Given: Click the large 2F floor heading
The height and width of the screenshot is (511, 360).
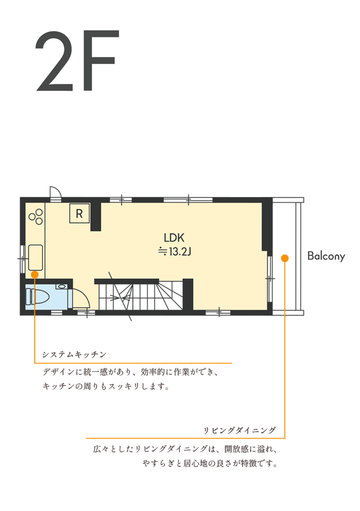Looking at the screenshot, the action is coord(77,60).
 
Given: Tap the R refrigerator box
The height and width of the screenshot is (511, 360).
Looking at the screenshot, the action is coord(79,214).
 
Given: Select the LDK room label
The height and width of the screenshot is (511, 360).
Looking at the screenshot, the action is coord(174,238).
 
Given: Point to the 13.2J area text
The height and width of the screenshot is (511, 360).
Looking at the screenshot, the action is coord(175,252).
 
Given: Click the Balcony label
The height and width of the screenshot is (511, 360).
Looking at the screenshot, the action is coord(326,256).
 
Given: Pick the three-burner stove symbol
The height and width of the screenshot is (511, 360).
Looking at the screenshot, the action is coord(36,217).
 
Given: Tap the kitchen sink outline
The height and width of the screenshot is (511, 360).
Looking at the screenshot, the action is coord(35,257).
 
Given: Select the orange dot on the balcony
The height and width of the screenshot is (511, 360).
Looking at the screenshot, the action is coord(285,258).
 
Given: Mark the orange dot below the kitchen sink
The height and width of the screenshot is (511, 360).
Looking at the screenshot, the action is coord(35,275).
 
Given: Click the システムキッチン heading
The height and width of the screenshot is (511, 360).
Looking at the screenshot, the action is coord(74,354).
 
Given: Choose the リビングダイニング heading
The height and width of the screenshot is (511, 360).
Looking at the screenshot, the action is coord(239,430).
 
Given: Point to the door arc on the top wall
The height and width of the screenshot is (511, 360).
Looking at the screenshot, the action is coord(56,192).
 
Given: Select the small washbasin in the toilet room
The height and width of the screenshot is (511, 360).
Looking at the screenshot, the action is coord(61,286).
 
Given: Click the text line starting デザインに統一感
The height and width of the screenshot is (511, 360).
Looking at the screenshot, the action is coord(130,372).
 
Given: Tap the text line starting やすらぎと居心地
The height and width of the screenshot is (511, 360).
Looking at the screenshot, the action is coord(210,463).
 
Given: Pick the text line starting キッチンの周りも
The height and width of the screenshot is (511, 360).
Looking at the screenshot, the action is coord(106,386).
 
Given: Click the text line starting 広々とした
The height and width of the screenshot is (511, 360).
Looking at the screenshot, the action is coord(185,449).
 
